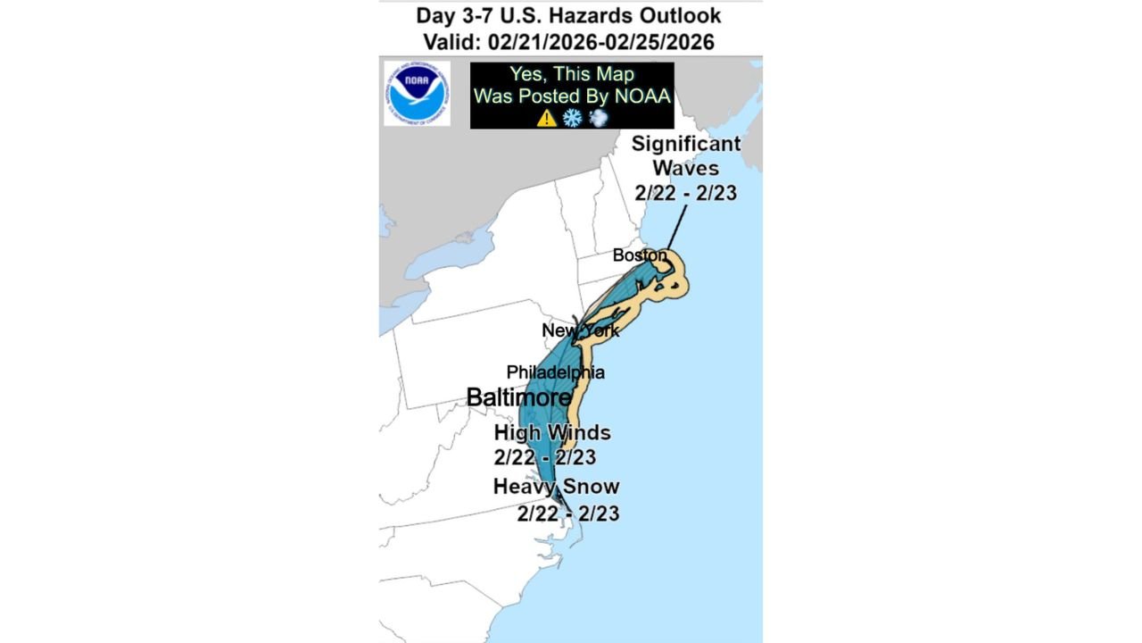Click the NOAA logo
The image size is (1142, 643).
point(417,93)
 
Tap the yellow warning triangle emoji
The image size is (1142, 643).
point(546,118)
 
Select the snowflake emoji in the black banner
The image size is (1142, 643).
point(572,118)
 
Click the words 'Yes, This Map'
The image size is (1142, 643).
point(571,74)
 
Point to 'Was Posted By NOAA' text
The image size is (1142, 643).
point(571,96)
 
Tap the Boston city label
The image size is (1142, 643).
point(639,255)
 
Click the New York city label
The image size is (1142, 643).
point(580,330)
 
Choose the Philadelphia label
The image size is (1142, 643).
point(555,372)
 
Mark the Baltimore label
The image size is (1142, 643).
point(518,397)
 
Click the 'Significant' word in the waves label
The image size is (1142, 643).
point(685,144)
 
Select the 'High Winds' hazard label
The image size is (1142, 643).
point(552,432)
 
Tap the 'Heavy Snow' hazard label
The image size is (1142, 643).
point(556,487)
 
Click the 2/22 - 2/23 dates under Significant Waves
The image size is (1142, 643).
point(685,192)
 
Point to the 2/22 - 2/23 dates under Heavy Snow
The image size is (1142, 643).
point(567,514)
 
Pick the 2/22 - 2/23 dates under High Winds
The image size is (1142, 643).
point(544,457)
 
